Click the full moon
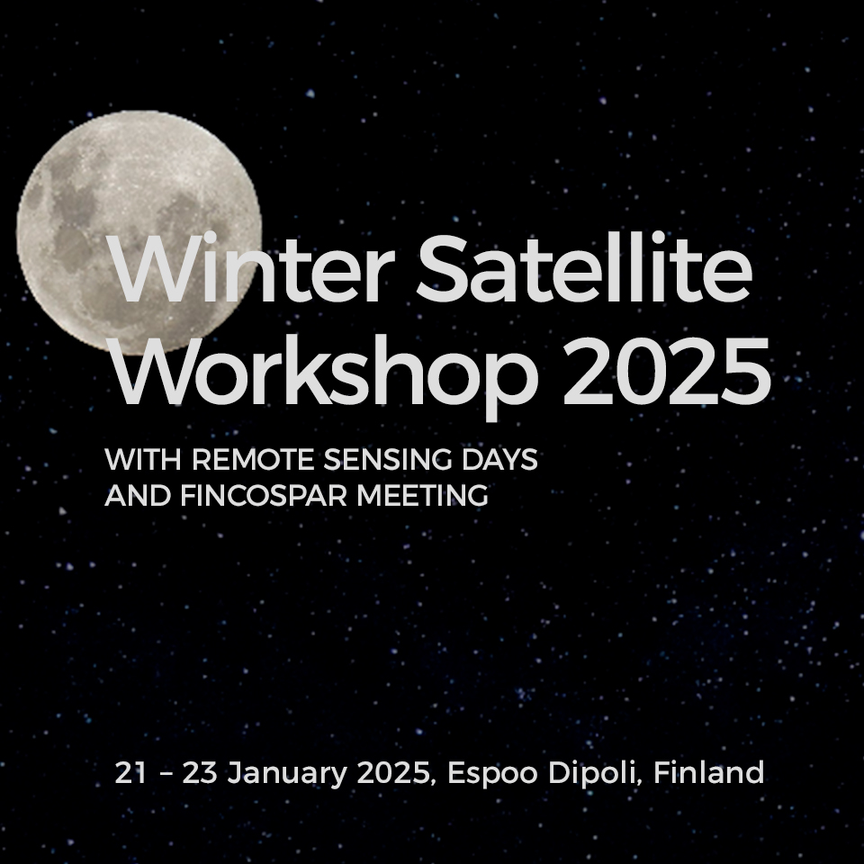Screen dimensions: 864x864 coord(139,233)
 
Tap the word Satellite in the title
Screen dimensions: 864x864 coord(585,268)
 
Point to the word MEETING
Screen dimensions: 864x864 coord(423,495)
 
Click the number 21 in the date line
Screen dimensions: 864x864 coord(131,772)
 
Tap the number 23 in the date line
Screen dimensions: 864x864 coord(200,772)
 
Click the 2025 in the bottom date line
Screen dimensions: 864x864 coord(394,772)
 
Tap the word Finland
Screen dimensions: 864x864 coord(709,772)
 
